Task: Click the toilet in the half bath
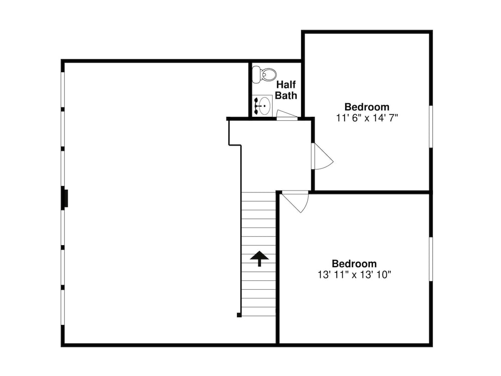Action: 264,75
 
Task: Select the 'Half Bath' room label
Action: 287,90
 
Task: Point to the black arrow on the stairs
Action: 259,258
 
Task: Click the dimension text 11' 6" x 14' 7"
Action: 367,118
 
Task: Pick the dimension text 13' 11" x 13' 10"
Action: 354,275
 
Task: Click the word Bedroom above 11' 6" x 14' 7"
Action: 367,107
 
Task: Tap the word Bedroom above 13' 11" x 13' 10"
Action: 354,264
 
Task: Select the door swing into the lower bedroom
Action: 296,201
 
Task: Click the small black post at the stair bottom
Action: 239,315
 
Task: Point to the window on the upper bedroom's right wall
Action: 430,126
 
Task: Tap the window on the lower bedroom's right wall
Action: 430,259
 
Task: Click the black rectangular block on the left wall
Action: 65,198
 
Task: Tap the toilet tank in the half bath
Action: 256,75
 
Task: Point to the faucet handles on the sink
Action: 257,106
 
